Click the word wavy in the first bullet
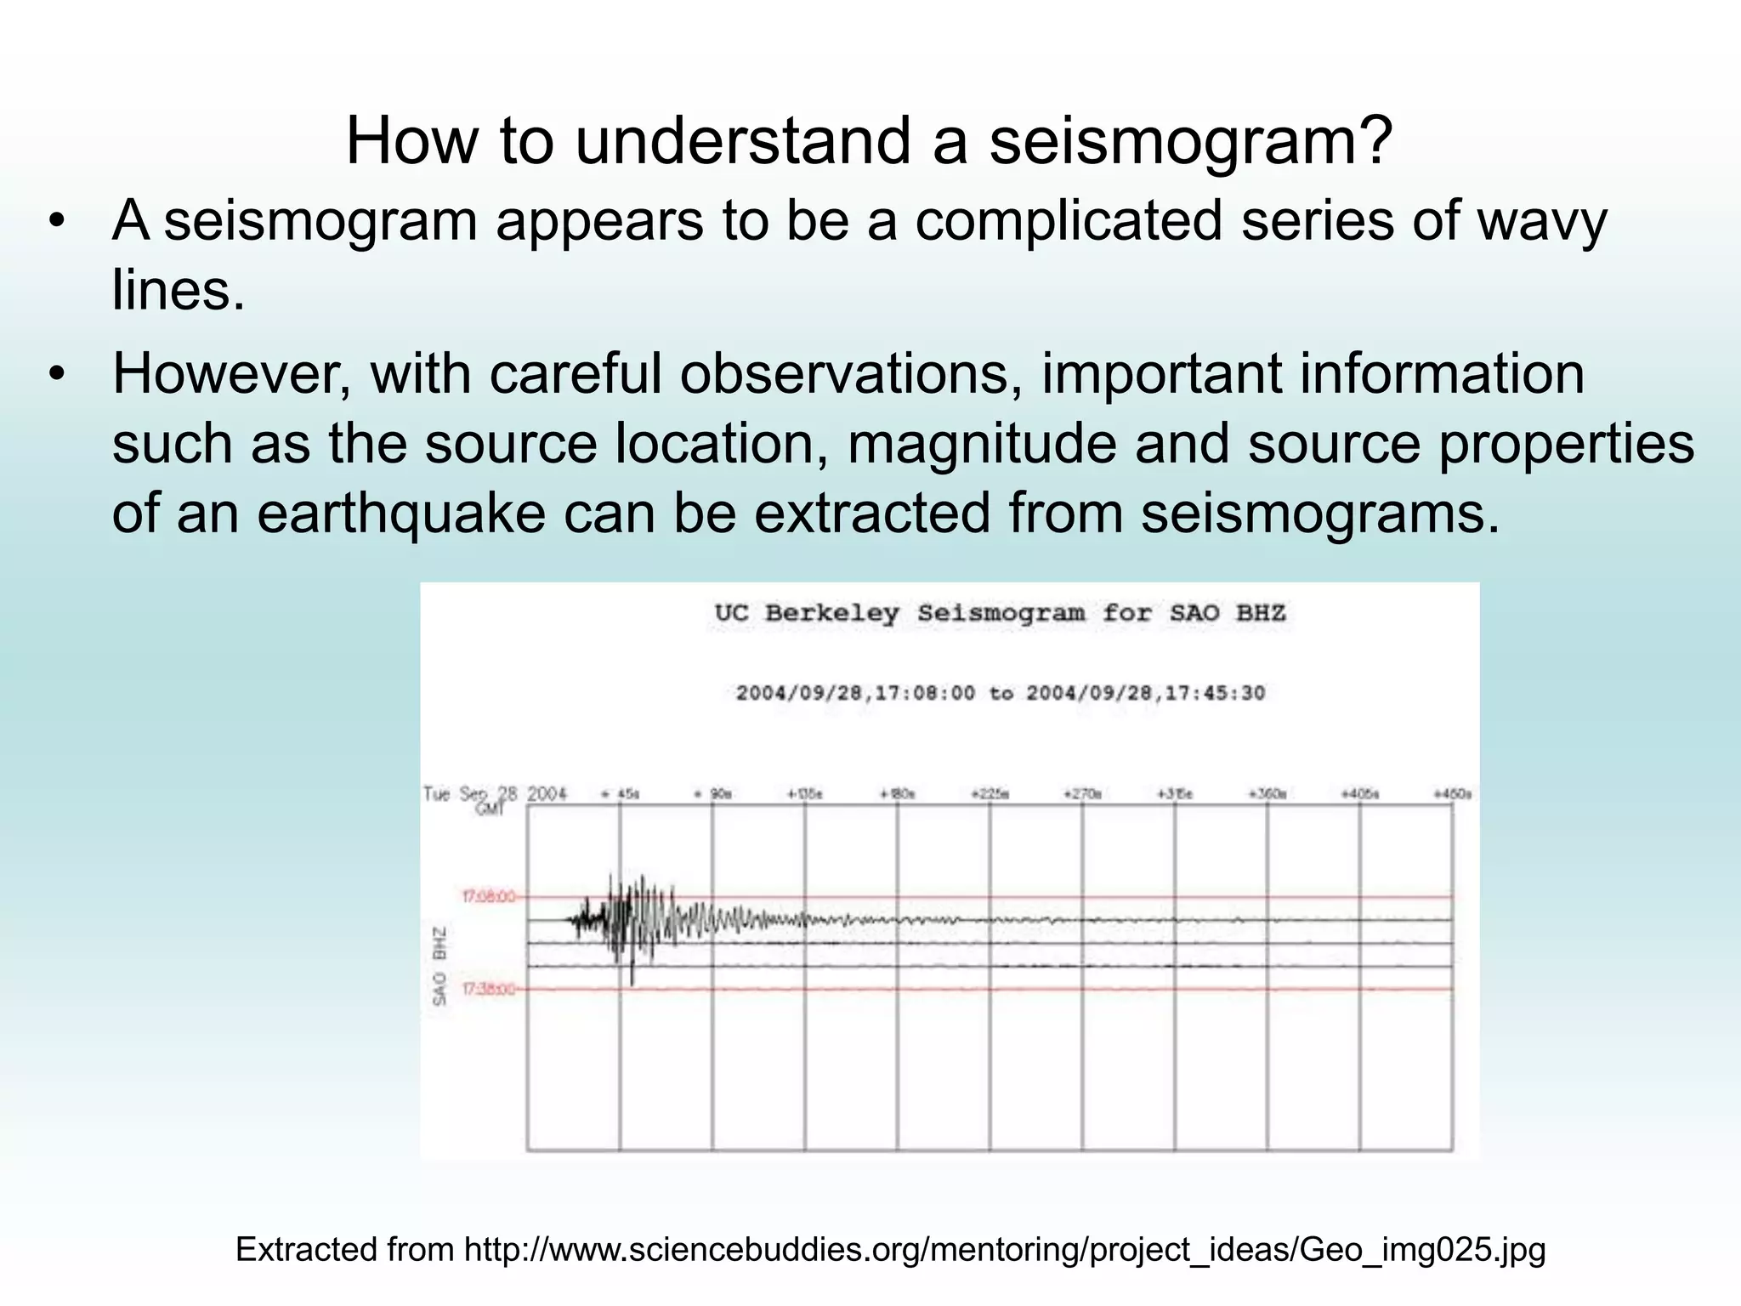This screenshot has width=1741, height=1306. click(1540, 221)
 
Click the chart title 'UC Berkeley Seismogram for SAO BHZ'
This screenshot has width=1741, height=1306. click(1000, 613)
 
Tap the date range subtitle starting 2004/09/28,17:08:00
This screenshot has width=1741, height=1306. click(1000, 693)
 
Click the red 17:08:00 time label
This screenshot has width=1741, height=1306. click(488, 896)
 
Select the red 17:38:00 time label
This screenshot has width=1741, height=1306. click(488, 989)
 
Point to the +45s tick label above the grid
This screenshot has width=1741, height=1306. click(621, 794)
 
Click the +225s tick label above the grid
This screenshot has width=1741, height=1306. click(990, 794)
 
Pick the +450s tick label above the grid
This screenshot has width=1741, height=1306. click(1452, 794)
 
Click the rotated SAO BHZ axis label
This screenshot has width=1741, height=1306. click(440, 966)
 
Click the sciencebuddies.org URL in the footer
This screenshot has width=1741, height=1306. click(1004, 1250)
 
